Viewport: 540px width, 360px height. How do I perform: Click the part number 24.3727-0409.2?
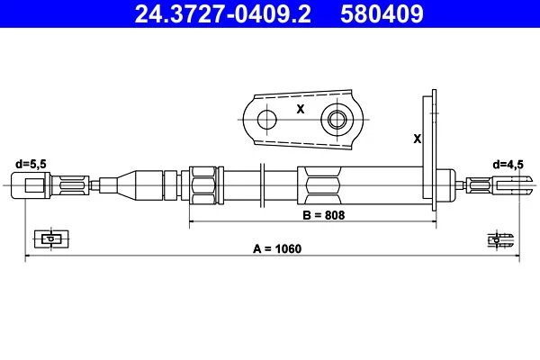point(222,13)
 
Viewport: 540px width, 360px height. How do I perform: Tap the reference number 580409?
point(382,13)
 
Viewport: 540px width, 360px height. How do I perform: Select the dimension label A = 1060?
point(277,248)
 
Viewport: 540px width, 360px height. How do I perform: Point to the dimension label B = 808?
point(323,215)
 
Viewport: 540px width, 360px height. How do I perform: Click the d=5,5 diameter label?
point(31,164)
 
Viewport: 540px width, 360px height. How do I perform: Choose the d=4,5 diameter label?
point(508,165)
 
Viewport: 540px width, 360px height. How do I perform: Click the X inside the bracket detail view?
point(301,109)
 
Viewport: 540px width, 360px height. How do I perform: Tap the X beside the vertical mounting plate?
point(417,139)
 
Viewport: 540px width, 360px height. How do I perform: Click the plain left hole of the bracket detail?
point(266,120)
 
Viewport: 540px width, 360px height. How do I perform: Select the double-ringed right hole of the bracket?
point(337,120)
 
